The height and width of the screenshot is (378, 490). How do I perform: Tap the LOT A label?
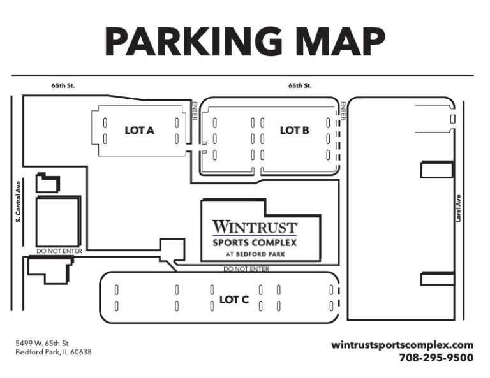pos(139,130)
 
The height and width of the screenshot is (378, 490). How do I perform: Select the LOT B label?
pos(294,130)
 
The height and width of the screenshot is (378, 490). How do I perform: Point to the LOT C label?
pos(234,299)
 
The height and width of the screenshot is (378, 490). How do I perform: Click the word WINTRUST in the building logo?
pos(255,226)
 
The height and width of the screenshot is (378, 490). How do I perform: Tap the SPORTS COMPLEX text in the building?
pos(255,242)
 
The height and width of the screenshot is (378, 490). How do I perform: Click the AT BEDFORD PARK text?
pos(255,254)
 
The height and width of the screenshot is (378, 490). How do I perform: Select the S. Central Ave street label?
pos(18,203)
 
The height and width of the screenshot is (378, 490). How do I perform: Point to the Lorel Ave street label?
pos(458,208)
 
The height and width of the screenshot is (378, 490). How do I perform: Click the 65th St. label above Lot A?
pos(63,85)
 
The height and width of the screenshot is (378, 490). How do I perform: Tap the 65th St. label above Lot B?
pos(299,85)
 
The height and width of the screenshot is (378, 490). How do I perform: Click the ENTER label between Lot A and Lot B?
pos(195,112)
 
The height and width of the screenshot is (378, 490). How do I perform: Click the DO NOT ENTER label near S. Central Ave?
pos(59,251)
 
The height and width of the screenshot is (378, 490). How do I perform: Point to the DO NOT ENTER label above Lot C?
pos(246,269)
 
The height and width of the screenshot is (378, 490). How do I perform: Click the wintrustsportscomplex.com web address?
pos(402,344)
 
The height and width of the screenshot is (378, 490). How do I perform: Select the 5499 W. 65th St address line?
pos(42,343)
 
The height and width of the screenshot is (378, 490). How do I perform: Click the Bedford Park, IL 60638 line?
pos(54,352)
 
